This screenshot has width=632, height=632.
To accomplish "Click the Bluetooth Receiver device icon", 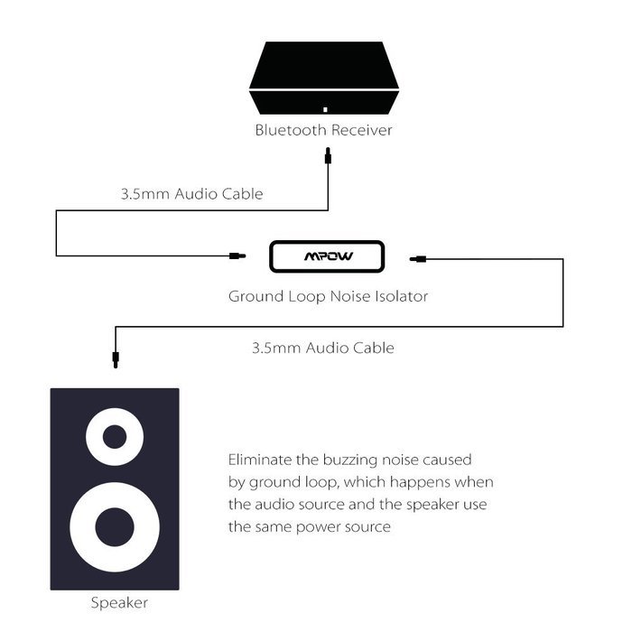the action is point(324,78).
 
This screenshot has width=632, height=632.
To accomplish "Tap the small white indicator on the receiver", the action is point(325,109).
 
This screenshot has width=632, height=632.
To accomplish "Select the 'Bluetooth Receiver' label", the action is point(323,130).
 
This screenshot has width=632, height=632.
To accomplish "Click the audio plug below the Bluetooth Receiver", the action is point(328,156).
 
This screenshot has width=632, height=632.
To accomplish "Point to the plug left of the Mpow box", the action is point(237,256).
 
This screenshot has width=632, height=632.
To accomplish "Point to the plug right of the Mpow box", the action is point(418,259).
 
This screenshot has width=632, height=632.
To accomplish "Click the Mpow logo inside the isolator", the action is point(329,256).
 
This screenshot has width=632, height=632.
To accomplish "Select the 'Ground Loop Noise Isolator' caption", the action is point(328,297).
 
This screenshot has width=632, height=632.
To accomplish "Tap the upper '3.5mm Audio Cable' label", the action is point(191,194).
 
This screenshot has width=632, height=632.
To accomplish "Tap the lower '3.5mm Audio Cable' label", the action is point(323,348).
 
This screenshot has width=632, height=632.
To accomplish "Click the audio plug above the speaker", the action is point(116,359).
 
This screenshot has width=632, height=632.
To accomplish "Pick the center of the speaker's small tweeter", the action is point(115,436).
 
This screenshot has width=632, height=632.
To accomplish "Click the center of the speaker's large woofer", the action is point(115,527).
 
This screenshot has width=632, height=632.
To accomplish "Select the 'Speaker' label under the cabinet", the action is point(119,603).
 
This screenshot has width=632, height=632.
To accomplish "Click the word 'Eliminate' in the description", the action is point(260,460).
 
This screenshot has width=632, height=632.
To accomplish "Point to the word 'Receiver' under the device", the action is point(362,130).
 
